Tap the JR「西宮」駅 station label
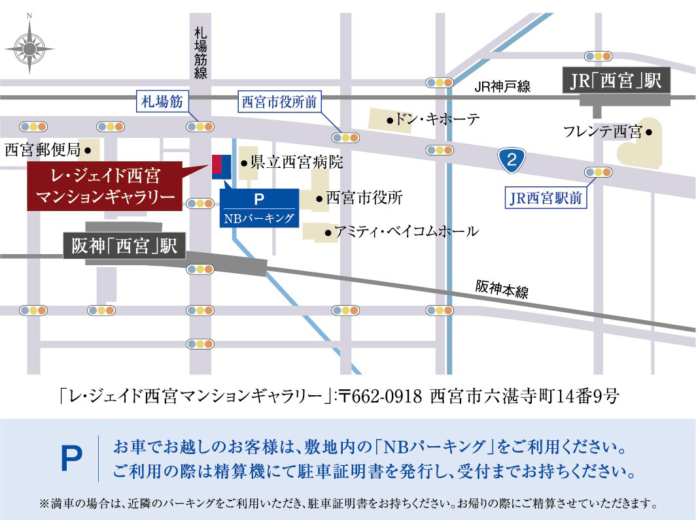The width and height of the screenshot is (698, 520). [x=617, y=81]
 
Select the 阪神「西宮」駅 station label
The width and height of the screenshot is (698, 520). [x=124, y=246]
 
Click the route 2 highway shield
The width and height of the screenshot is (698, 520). [x=512, y=159]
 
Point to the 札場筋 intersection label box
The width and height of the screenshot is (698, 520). [x=162, y=101]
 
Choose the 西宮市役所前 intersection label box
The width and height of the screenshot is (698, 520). [x=279, y=101]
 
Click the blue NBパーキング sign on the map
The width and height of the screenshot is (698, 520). [x=259, y=208]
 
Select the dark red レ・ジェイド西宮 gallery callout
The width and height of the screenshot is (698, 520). [x=105, y=186]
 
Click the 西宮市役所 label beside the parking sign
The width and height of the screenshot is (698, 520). [x=363, y=198]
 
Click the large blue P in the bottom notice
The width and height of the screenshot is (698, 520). [x=72, y=459]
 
